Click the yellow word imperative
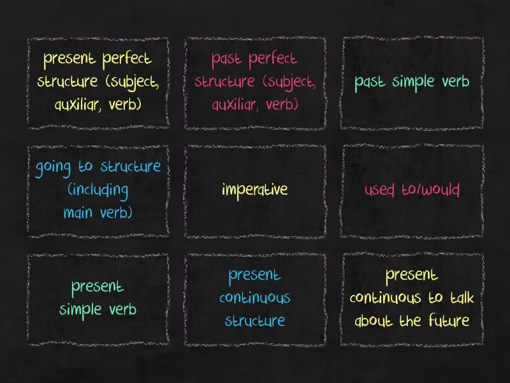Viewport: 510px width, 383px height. [254, 190]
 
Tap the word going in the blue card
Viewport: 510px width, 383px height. [53, 168]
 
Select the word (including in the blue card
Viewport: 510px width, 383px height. [98, 190]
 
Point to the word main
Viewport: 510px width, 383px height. [78, 213]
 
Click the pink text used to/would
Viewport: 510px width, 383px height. [412, 190]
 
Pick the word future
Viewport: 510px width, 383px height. [449, 320]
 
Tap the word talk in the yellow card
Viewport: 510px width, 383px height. [462, 297]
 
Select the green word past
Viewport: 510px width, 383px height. [370, 83]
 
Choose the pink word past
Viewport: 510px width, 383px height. [227, 60]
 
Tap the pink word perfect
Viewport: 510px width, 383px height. [273, 59]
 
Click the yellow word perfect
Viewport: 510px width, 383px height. [127, 59]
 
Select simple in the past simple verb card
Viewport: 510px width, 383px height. [413, 82]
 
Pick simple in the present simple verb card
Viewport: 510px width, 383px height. [80, 310]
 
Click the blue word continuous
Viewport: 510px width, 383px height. [254, 298]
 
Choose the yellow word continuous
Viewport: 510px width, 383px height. [386, 298]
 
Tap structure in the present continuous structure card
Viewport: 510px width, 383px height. [254, 321]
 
